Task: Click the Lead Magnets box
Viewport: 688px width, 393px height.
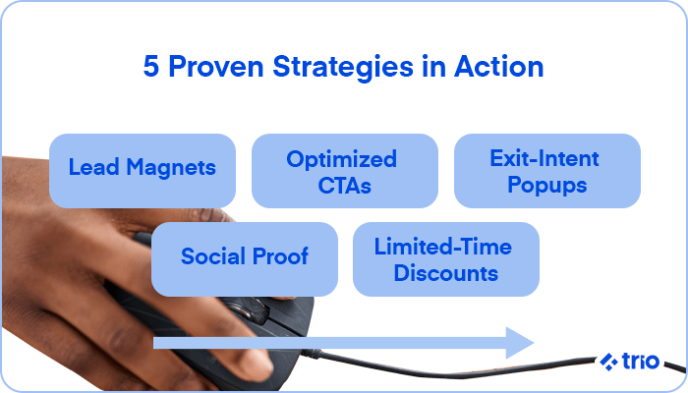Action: pos(142,170)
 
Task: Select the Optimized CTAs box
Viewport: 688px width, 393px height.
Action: pos(344,170)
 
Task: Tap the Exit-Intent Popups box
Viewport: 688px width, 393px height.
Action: pos(546,170)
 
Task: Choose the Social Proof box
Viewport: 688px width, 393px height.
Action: pos(245,258)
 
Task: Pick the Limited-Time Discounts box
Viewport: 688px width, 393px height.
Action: pos(445,258)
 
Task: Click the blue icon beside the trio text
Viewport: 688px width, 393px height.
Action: pos(608,362)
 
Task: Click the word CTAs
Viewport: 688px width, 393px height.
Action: pos(344,185)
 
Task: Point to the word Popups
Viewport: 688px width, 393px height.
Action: pos(546,185)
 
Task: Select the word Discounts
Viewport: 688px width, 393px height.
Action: pos(445,273)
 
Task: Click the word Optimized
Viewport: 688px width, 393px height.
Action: pos(342,157)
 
